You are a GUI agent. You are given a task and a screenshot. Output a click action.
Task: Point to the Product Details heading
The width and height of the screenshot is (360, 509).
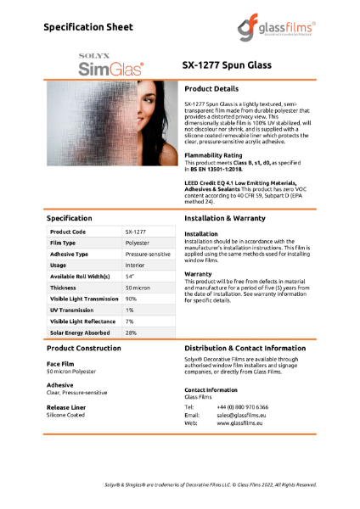click(218, 88)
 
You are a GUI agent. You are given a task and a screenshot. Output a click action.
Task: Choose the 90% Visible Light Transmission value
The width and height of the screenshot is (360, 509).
click(132, 299)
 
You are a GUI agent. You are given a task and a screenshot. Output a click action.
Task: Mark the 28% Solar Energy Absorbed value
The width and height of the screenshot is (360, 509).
click(132, 333)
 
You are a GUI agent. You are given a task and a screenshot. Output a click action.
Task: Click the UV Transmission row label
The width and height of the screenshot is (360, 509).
click(73, 310)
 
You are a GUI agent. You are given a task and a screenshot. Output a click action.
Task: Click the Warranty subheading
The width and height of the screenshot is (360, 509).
click(198, 275)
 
